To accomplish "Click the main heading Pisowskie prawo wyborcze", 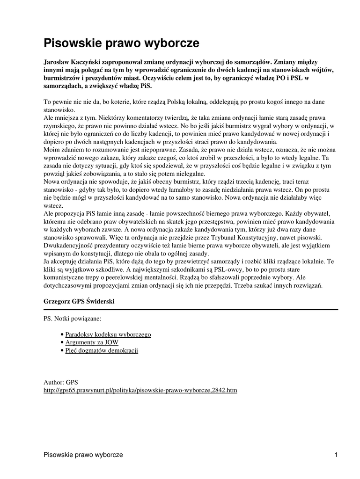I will pos(121,43).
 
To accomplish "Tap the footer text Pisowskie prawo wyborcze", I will pos(83,455).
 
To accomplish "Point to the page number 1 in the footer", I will pos(336,455).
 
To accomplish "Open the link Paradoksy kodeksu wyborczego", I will pos(108,334).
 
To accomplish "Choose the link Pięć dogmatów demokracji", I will pos(102,350).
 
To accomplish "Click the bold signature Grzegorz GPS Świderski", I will pos(79,301).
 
